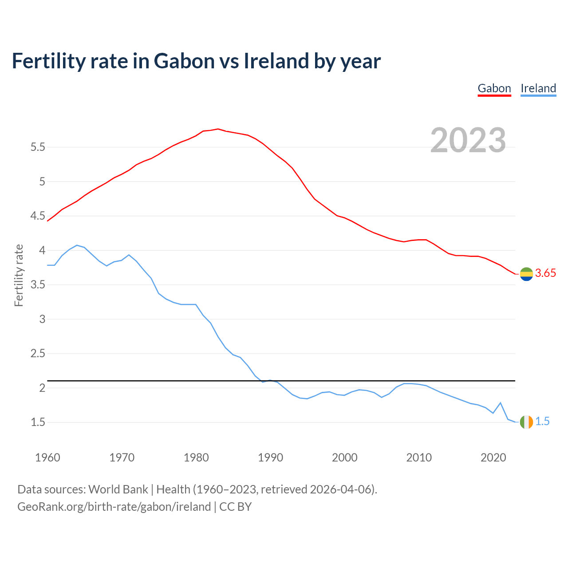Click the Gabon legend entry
pyautogui.click(x=494, y=88)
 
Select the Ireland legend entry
pyautogui.click(x=538, y=88)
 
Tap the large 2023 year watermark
pyautogui.click(x=468, y=140)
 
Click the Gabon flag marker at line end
pyautogui.click(x=526, y=274)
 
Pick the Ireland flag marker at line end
pyautogui.click(x=526, y=422)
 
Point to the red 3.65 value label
pyautogui.click(x=545, y=273)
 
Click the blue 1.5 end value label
pyautogui.click(x=542, y=422)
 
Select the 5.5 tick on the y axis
pyautogui.click(x=38, y=147)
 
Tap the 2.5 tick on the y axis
pyautogui.click(x=38, y=354)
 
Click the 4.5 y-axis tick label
pyautogui.click(x=38, y=216)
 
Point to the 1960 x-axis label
pyautogui.click(x=47, y=458)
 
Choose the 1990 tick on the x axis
pyautogui.click(x=270, y=458)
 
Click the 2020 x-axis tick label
pyautogui.click(x=493, y=458)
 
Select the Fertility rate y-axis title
pyautogui.click(x=19, y=275)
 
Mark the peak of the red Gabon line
pyautogui.click(x=218, y=129)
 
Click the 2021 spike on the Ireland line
pyautogui.click(x=501, y=403)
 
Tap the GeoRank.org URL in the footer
pyautogui.click(x=114, y=507)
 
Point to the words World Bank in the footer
pyautogui.click(x=118, y=489)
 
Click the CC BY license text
pyautogui.click(x=236, y=507)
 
